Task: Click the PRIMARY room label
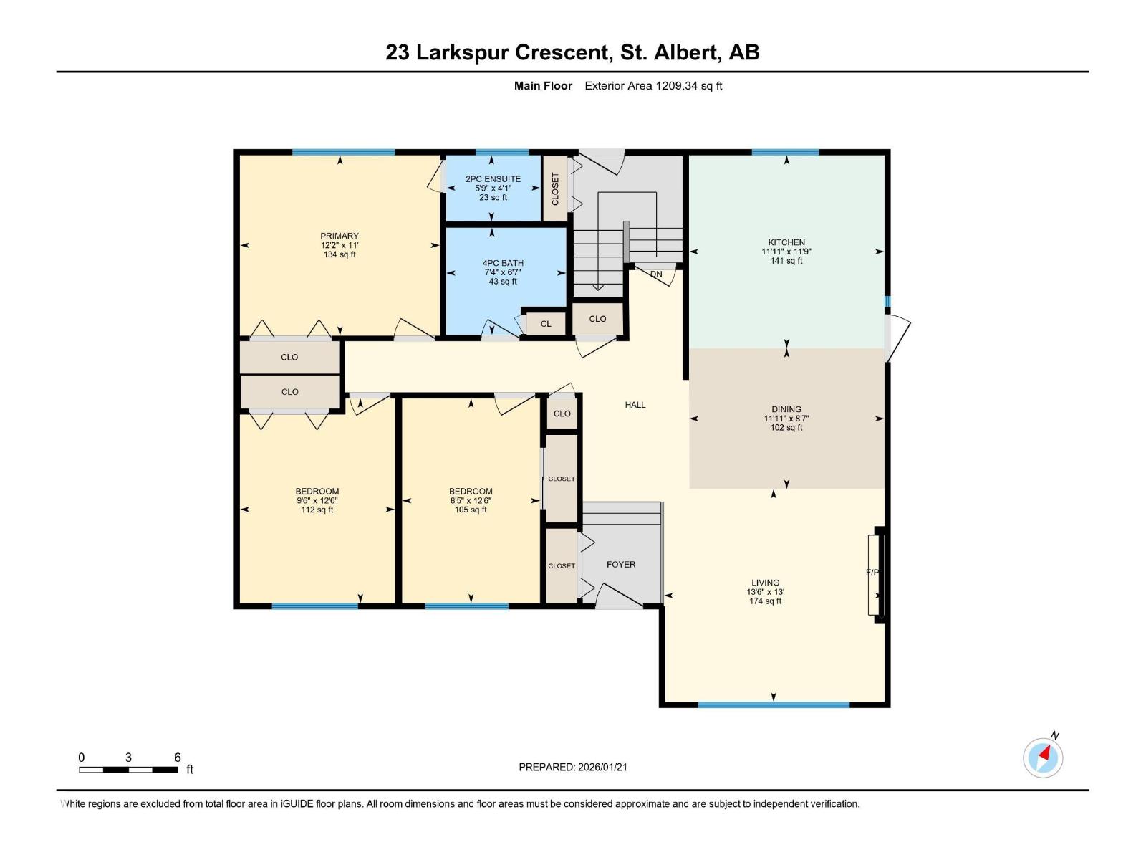pyautogui.click(x=340, y=236)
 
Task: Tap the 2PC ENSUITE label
pyautogui.click(x=493, y=179)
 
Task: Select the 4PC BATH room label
pyautogui.click(x=503, y=263)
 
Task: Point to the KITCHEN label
pyautogui.click(x=786, y=242)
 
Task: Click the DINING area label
pyautogui.click(x=786, y=409)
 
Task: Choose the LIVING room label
pyautogui.click(x=765, y=583)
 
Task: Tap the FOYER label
pyautogui.click(x=620, y=565)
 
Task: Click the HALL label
pyautogui.click(x=635, y=405)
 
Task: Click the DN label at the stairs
pyautogui.click(x=656, y=274)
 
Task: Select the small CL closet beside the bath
pyautogui.click(x=546, y=324)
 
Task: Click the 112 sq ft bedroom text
pyautogui.click(x=317, y=510)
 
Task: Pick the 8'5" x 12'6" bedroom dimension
pyautogui.click(x=471, y=501)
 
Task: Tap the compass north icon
pyautogui.click(x=1043, y=757)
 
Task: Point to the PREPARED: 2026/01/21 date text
pyautogui.click(x=573, y=767)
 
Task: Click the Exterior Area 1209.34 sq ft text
pyautogui.click(x=653, y=86)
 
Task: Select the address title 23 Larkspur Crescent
pyautogui.click(x=572, y=52)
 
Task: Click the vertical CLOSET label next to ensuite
pyautogui.click(x=555, y=188)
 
